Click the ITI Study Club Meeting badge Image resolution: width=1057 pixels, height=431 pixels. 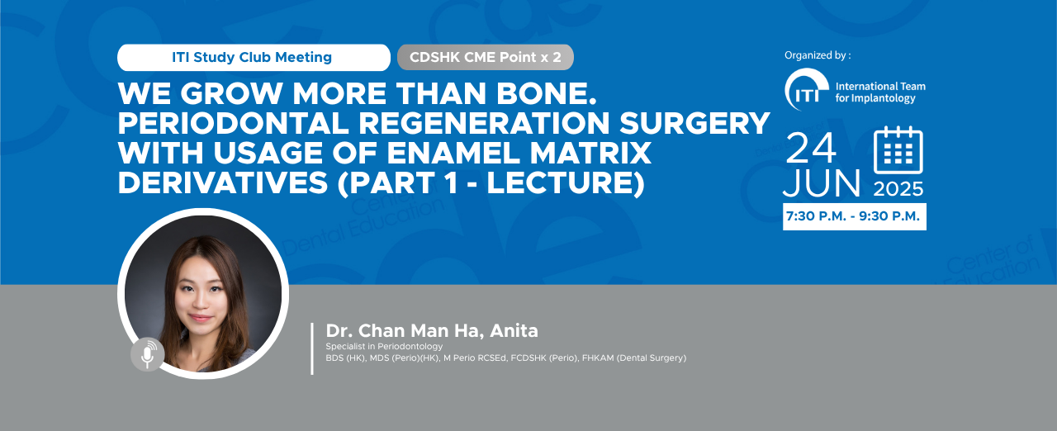coord(254,58)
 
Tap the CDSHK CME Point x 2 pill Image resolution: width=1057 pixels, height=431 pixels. coord(486,58)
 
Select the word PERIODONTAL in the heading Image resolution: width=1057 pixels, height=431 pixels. coord(234,123)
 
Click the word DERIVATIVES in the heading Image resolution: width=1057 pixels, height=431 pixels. coord(223,182)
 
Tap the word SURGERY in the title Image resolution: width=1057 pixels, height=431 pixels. coord(695,123)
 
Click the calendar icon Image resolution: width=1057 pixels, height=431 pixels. coord(898,150)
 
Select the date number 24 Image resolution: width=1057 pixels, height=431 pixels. coord(811,148)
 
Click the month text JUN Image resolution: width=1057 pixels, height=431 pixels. coord(822,183)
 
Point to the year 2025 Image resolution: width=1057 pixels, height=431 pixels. coord(898,189)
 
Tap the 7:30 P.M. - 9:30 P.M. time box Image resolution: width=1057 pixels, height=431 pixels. coord(855,216)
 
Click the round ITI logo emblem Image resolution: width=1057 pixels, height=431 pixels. coord(807,90)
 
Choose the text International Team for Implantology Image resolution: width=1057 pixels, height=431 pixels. coord(880,92)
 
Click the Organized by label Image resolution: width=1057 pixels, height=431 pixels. coord(818,55)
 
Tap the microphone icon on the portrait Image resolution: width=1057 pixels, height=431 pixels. coord(148,354)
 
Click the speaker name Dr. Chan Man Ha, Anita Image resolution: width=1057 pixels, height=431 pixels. coord(432,330)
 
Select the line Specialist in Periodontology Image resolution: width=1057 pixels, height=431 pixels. coord(384,346)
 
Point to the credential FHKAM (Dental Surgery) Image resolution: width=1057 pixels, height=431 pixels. coord(634,358)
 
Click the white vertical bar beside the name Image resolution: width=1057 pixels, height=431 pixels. coord(312,348)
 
